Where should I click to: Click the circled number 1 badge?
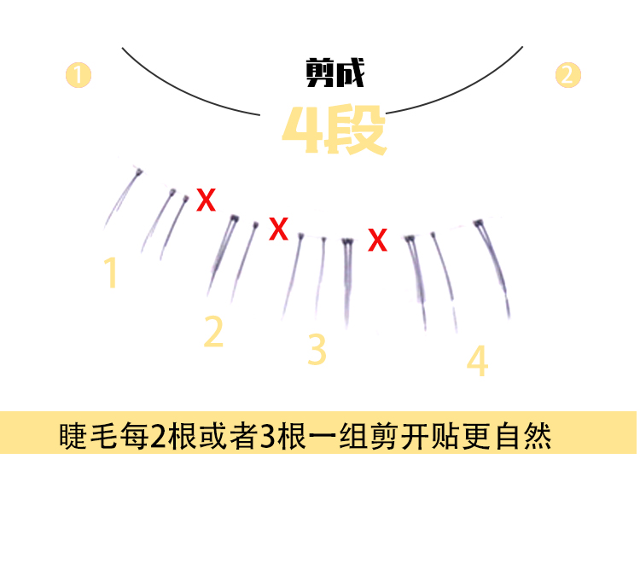pos(79,75)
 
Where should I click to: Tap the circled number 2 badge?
pos(567,75)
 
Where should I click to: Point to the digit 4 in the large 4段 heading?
pos(300,131)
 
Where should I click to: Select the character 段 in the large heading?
pos(354,131)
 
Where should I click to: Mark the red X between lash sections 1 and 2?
pos(206,200)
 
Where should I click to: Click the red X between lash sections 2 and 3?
pos(278,229)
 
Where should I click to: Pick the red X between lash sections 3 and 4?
pos(377,241)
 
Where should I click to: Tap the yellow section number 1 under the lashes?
pos(111,273)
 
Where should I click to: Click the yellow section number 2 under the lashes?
pos(213,332)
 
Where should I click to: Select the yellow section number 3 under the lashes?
pos(317,349)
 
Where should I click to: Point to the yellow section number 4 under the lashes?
pos(478,361)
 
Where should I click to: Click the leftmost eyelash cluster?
pos(122,196)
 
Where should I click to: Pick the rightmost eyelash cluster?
pos(495,264)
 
